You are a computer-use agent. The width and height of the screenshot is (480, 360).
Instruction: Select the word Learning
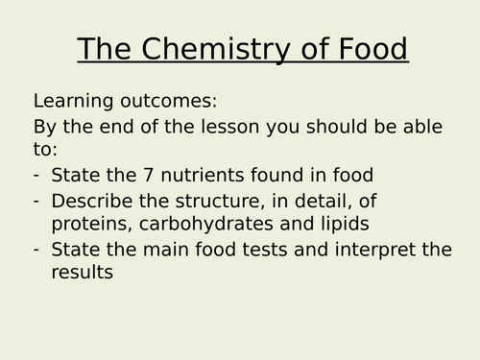[x=72, y=101]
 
